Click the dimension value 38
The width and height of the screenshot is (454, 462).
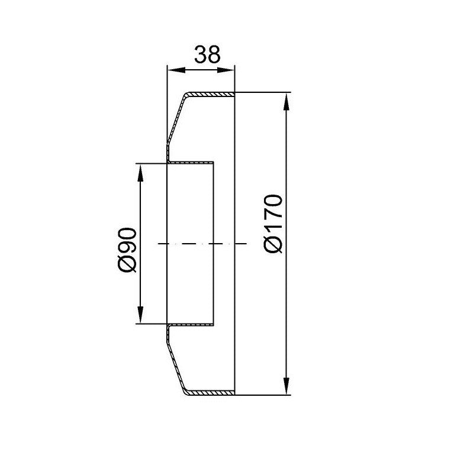[x=207, y=54]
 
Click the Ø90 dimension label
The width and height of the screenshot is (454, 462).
[x=127, y=250]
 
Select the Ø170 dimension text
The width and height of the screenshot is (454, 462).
[x=273, y=224]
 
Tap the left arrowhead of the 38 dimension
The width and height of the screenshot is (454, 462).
[x=176, y=70]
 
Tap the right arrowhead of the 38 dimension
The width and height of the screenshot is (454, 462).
[x=226, y=70]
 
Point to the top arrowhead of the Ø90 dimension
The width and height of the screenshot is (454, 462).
[x=140, y=173]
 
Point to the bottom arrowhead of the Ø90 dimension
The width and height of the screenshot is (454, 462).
[x=140, y=315]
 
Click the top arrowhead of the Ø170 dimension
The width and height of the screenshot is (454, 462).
[x=286, y=102]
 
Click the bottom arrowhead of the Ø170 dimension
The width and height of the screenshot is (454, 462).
[x=286, y=386]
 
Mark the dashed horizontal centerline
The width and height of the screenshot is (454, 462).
[x=202, y=244]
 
